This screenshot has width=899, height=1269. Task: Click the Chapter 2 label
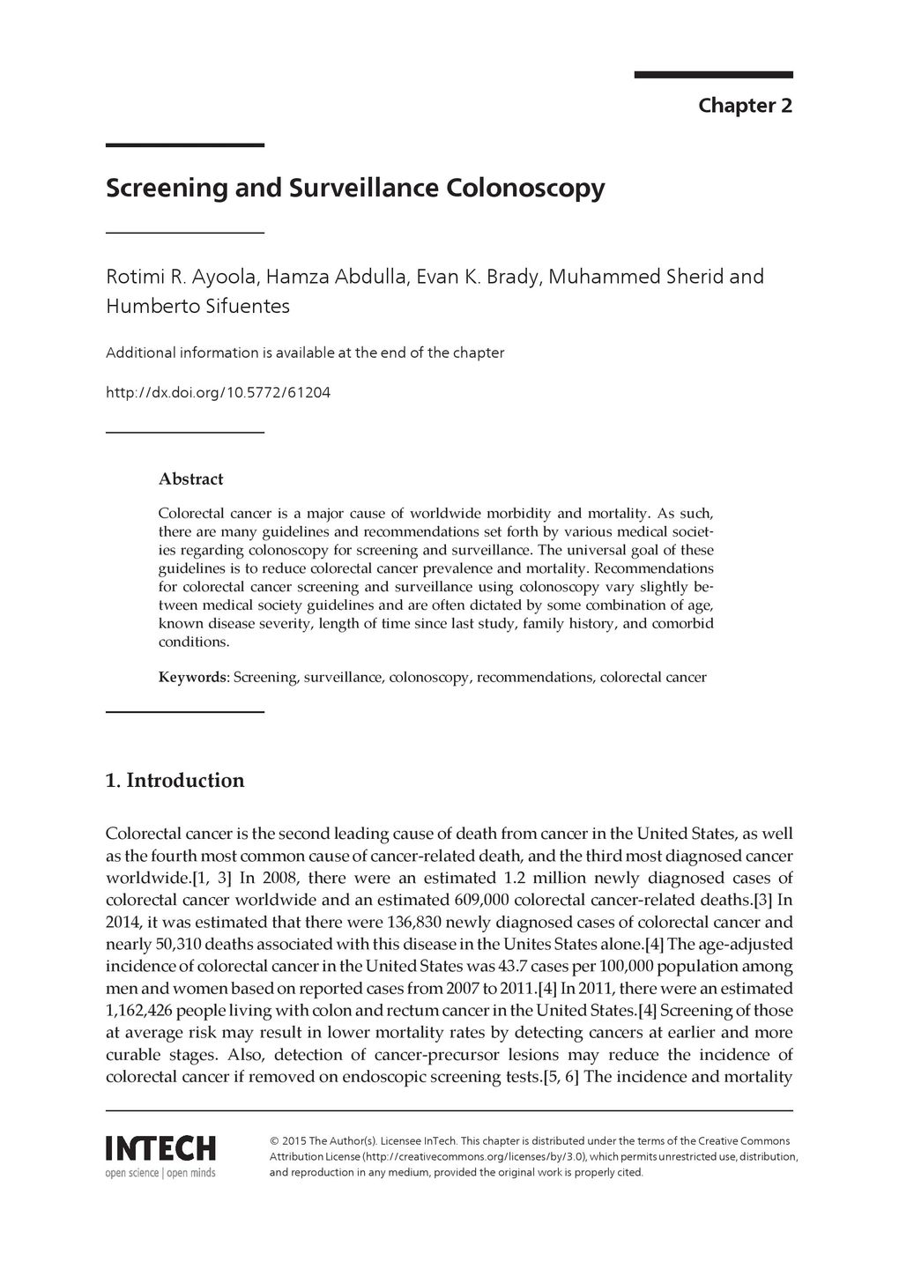745,106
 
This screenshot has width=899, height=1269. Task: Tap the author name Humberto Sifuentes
197,307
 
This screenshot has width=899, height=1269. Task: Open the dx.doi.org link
218,392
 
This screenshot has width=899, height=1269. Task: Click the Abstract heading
190,479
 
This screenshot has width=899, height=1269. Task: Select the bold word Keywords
193,678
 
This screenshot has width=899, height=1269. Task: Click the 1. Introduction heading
175,781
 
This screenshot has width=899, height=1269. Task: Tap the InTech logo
160,1148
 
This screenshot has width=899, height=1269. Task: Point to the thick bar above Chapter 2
713,75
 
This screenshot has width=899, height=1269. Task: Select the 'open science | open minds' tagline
160,1173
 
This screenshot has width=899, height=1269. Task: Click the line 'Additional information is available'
305,353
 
